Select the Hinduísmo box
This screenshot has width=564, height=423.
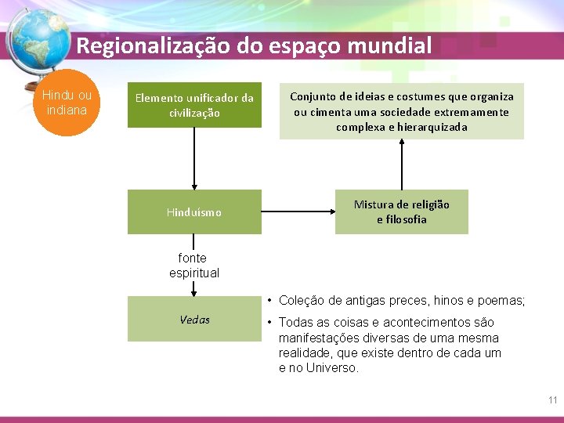pyautogui.click(x=194, y=212)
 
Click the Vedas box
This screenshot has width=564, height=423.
pyautogui.click(x=194, y=320)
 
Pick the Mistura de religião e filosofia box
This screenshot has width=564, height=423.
pyautogui.click(x=401, y=212)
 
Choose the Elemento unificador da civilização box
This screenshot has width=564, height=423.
pyautogui.click(x=194, y=106)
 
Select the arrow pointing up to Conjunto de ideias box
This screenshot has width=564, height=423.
pyautogui.click(x=402, y=164)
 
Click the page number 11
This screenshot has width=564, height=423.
pyautogui.click(x=552, y=400)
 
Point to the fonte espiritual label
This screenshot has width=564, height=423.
pyautogui.click(x=193, y=266)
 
